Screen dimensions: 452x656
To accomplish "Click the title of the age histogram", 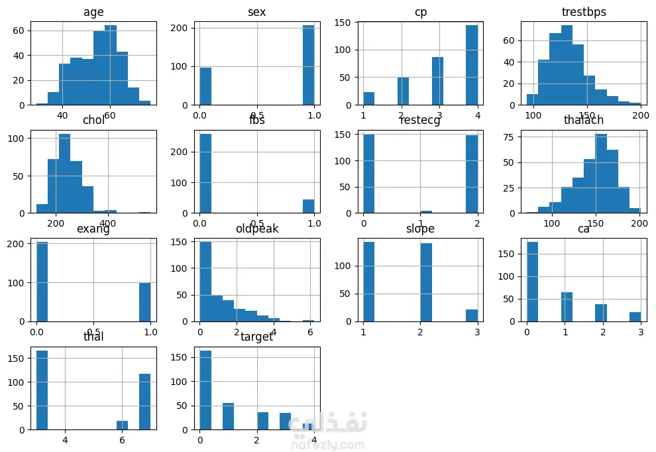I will click(93, 13).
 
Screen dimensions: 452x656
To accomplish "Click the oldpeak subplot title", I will click(257, 229).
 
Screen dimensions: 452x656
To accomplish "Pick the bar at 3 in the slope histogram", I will click(472, 315).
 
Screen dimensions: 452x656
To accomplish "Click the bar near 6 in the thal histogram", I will click(122, 425).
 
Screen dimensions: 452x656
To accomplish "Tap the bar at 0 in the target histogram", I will click(205, 391).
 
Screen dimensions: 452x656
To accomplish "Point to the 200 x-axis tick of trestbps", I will click(640, 115).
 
